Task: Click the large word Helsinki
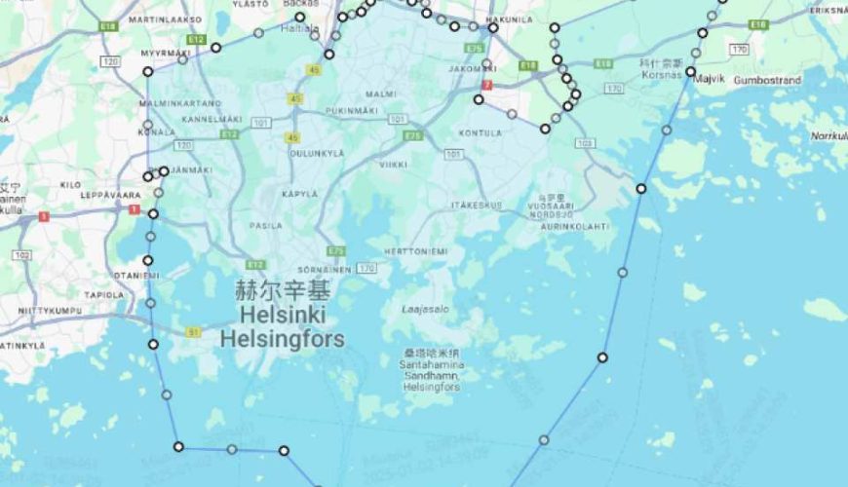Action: pyautogui.click(x=282, y=316)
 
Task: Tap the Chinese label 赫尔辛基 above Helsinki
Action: pyautogui.click(x=282, y=291)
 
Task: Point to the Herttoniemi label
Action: pyautogui.click(x=416, y=251)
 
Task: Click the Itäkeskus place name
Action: pyautogui.click(x=477, y=206)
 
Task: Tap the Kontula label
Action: pyautogui.click(x=481, y=132)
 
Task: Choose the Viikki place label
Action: pyautogui.click(x=394, y=165)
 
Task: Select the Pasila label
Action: pyautogui.click(x=265, y=225)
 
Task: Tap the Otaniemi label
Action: pyautogui.click(x=135, y=276)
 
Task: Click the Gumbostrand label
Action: pyautogui.click(x=767, y=80)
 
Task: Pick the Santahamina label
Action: pyautogui.click(x=432, y=364)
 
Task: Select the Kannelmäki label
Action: pyautogui.click(x=212, y=119)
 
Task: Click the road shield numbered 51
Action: pyautogui.click(x=193, y=333)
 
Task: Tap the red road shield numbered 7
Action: pyautogui.click(x=486, y=86)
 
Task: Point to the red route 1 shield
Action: pyautogui.click(x=44, y=216)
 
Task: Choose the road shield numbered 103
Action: pyautogui.click(x=584, y=143)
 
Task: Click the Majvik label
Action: pyautogui.click(x=711, y=80)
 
